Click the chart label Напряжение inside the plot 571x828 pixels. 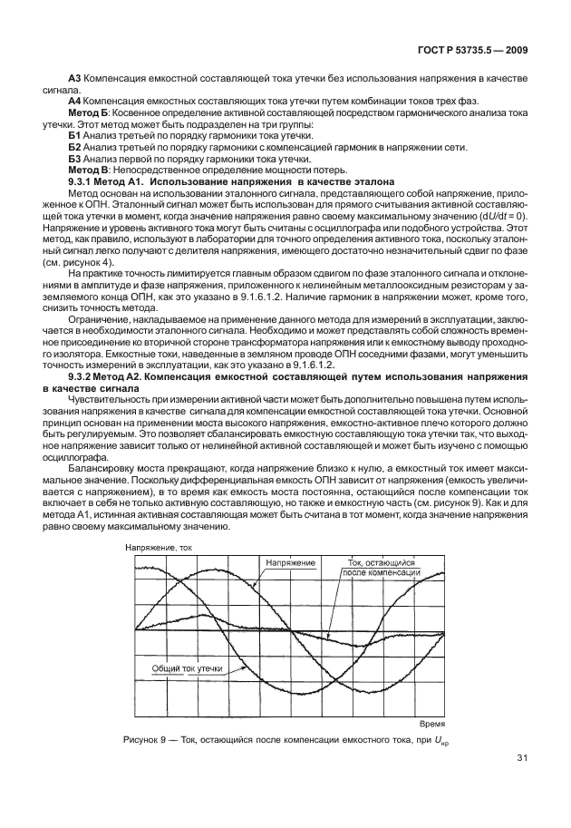click(290, 564)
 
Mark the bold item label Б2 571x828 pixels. click(75, 147)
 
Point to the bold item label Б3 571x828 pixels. click(75, 159)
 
